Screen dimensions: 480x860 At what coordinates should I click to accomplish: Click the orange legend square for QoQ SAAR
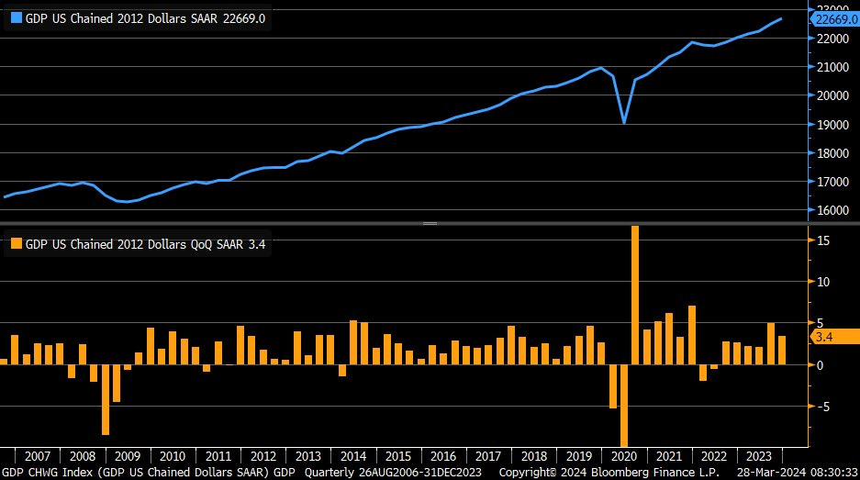pos(16,244)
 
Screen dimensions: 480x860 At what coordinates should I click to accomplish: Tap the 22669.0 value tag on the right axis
pos(835,18)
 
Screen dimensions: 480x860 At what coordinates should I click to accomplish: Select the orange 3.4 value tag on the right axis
pos(824,337)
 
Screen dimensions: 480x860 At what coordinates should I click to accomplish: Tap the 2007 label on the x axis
pos(38,455)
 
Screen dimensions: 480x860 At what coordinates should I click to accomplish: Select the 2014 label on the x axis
pos(352,455)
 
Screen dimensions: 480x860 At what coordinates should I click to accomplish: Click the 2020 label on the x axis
pos(622,455)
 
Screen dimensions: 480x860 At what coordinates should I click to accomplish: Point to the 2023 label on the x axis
pos(757,455)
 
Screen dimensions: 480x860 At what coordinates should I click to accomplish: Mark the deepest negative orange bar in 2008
pos(106,399)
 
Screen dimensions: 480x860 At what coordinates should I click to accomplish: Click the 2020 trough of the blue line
pos(624,122)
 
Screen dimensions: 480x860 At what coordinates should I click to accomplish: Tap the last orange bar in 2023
pos(781,350)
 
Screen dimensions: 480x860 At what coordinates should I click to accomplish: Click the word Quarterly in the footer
pos(330,472)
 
